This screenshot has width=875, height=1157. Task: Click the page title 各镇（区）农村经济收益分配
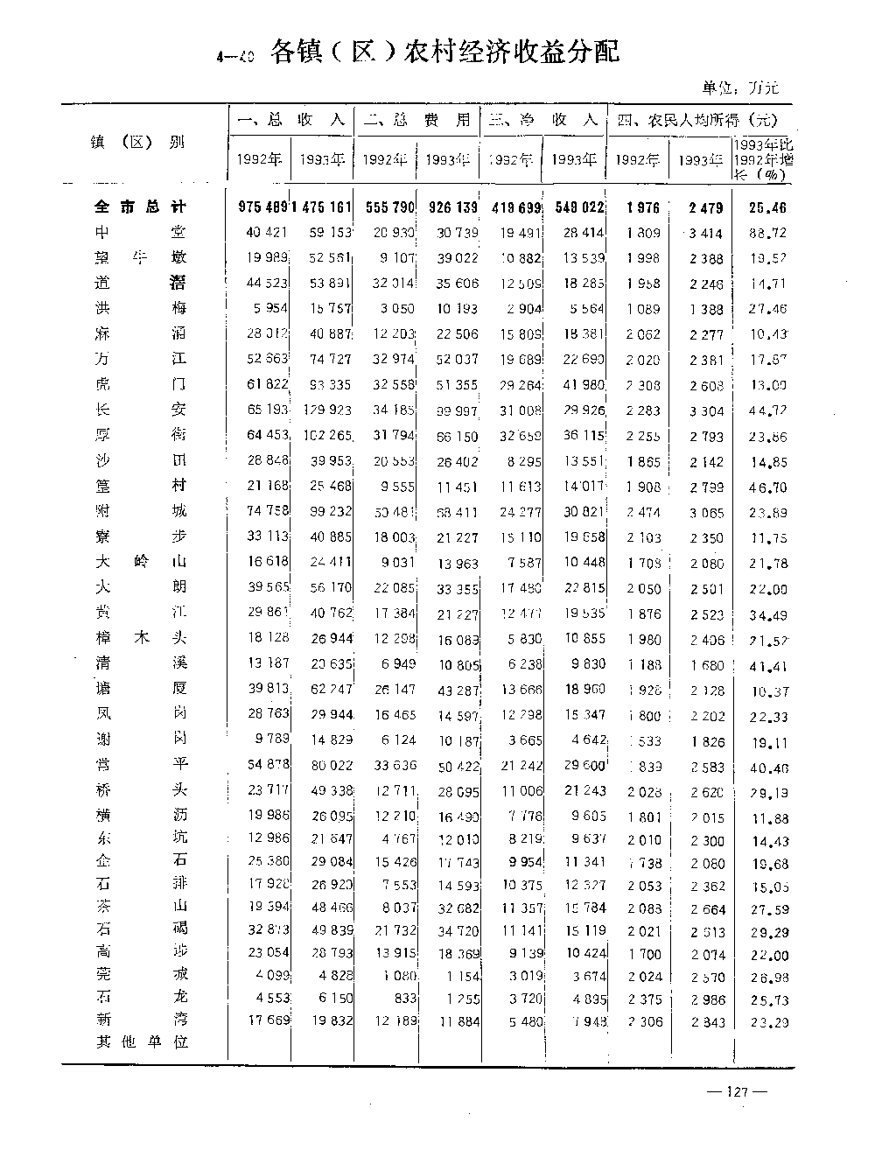[x=444, y=53]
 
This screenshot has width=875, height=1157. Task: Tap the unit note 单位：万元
[x=739, y=88]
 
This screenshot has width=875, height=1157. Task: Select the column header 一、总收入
[x=291, y=120]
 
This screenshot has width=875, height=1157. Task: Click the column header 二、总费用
[x=416, y=120]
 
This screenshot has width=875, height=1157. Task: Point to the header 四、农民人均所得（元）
[x=696, y=120]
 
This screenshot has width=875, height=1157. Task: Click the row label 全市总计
[x=140, y=207]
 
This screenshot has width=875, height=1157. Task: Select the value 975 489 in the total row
[x=262, y=207]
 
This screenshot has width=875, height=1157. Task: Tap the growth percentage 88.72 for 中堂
[x=768, y=233]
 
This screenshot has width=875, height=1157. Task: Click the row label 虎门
[x=140, y=384]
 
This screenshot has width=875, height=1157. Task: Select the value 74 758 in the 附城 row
[x=267, y=511]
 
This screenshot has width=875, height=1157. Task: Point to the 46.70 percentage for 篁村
[x=768, y=487]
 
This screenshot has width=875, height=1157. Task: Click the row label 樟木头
[x=140, y=638]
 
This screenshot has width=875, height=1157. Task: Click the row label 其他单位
[x=140, y=1042]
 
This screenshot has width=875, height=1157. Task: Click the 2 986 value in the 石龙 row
[x=707, y=999]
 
